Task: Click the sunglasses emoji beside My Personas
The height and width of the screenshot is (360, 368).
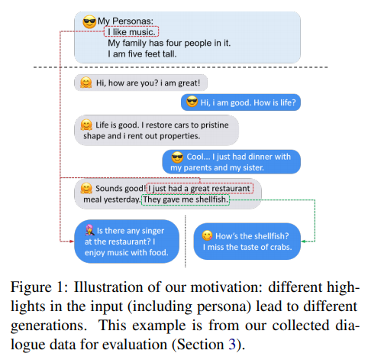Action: (89, 21)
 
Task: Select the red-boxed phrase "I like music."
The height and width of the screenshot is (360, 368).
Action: (131, 32)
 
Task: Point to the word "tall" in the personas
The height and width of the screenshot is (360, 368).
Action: (169, 54)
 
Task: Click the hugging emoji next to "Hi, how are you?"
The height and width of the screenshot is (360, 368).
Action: (86, 83)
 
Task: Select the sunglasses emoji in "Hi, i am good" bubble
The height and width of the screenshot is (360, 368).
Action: (192, 102)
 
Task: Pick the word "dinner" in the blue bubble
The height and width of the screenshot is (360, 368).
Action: (253, 157)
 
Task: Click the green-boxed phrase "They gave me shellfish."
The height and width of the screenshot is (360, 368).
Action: (186, 199)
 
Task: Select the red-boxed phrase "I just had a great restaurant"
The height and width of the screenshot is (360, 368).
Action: (200, 188)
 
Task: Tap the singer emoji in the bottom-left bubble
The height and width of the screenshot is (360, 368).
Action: (89, 230)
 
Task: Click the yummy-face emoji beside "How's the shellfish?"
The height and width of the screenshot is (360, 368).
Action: (207, 235)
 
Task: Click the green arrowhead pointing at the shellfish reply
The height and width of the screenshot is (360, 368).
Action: (303, 241)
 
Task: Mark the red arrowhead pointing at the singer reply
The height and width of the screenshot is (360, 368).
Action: (72, 241)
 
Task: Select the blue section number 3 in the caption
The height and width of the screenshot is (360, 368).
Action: (232, 345)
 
